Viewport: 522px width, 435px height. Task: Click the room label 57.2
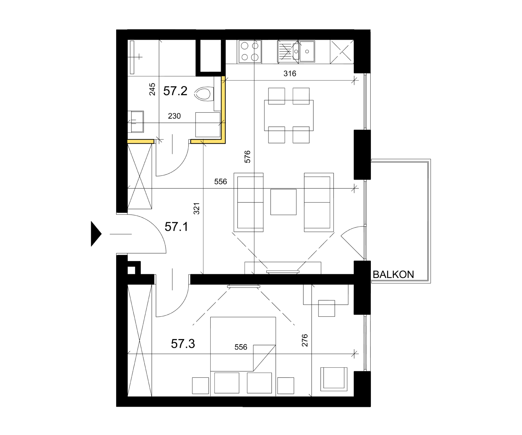click(x=175, y=91)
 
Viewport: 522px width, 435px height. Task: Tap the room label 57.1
click(x=176, y=227)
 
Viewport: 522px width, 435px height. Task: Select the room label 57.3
click(x=183, y=344)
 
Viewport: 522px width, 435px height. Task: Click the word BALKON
click(x=393, y=275)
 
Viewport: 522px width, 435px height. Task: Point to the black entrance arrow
click(x=96, y=234)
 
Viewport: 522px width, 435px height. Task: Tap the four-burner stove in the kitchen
click(x=250, y=52)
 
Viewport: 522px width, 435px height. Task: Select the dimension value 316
click(x=290, y=74)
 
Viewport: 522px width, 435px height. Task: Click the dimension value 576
click(x=247, y=157)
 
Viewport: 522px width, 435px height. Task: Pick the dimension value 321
click(x=197, y=209)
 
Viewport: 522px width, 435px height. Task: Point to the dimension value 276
click(x=305, y=340)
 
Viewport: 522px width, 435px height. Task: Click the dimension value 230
click(x=174, y=116)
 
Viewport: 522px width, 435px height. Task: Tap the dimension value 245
click(x=152, y=89)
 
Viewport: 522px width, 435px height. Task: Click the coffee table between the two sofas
click(x=283, y=202)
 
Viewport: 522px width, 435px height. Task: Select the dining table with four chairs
click(x=289, y=115)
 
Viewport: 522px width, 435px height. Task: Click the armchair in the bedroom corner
click(x=334, y=379)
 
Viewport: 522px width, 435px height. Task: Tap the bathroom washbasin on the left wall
click(x=136, y=122)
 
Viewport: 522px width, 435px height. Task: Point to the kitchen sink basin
click(x=307, y=51)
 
